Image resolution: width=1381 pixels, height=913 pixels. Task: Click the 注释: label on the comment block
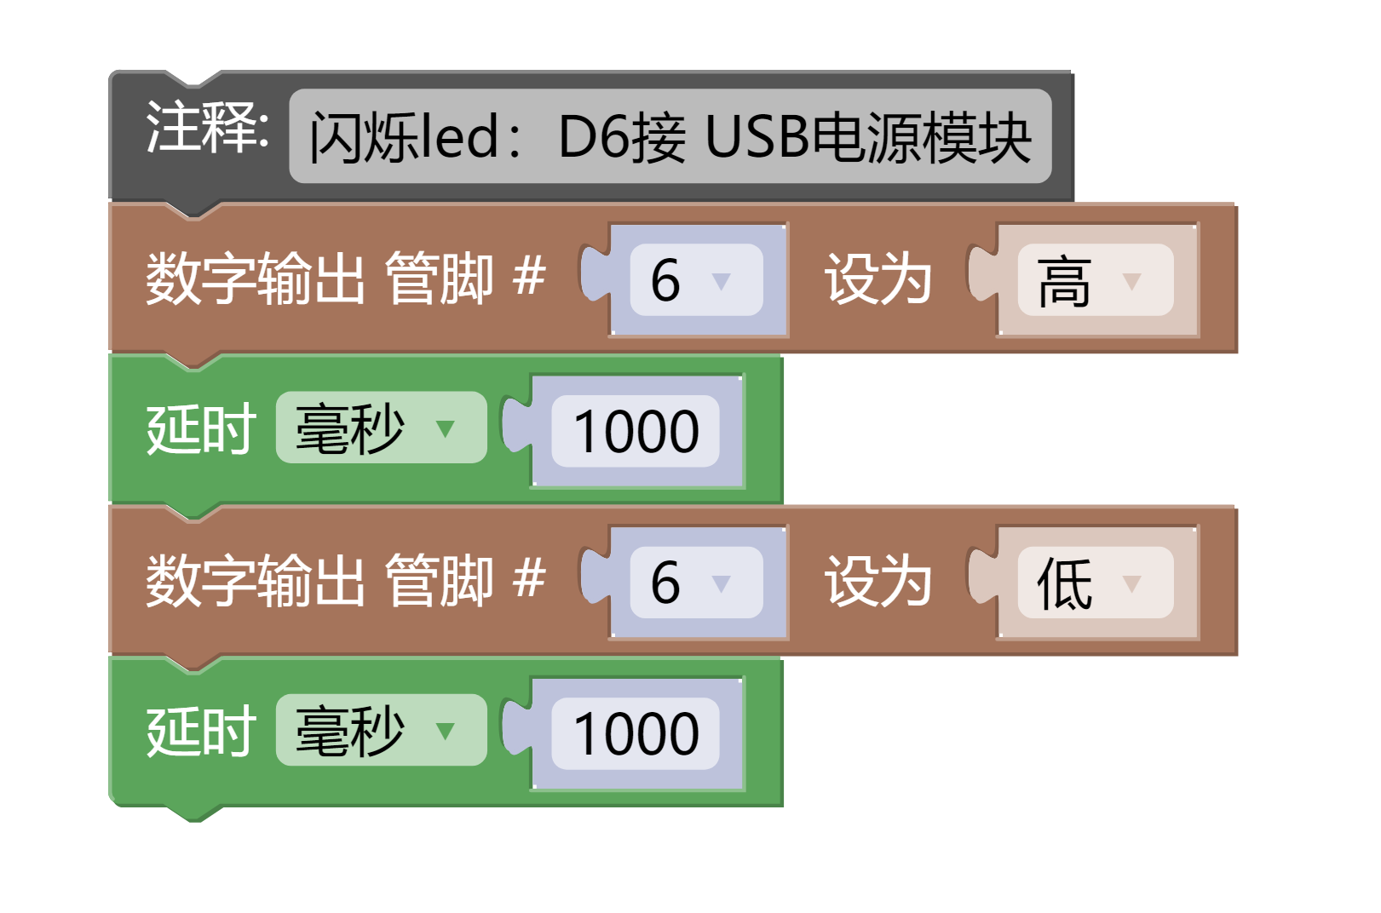click(207, 128)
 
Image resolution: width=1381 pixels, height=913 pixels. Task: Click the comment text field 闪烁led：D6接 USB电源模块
click(670, 136)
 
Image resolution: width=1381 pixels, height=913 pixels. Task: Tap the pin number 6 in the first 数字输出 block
click(666, 280)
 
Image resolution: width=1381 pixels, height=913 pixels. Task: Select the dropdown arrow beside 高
click(1131, 281)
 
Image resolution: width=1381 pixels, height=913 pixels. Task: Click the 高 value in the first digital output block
click(1064, 282)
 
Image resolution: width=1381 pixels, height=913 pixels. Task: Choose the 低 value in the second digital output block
click(1064, 584)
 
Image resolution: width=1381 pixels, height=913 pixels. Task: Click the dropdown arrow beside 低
click(1131, 584)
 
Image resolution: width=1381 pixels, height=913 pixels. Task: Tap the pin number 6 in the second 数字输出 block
click(666, 583)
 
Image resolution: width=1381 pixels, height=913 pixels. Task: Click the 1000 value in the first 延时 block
click(636, 431)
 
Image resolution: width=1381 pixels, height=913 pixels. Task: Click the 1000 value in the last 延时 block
click(636, 734)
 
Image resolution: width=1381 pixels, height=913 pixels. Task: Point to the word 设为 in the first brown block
click(878, 279)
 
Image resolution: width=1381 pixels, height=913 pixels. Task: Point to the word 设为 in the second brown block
click(878, 582)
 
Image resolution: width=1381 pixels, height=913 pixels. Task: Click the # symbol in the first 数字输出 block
click(529, 277)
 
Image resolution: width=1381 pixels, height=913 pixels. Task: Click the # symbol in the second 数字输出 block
click(529, 579)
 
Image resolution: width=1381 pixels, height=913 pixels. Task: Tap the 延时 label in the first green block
click(201, 429)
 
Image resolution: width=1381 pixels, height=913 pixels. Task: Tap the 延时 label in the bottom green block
click(201, 732)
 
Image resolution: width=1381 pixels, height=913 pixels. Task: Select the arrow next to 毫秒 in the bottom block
click(445, 732)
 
